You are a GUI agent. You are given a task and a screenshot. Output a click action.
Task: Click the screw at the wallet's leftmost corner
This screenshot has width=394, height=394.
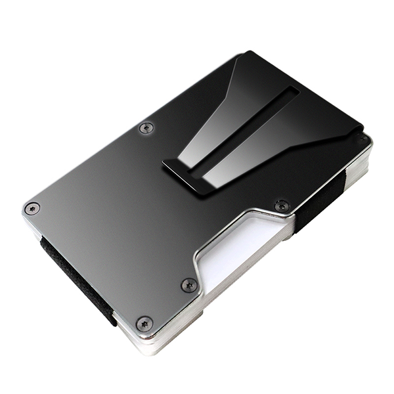[x=32, y=208]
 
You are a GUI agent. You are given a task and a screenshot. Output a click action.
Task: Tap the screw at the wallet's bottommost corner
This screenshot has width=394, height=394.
[x=144, y=323]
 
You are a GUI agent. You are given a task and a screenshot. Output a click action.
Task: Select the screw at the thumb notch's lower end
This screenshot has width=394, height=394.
[x=189, y=285]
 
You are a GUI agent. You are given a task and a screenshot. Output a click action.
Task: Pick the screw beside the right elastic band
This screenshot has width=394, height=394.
[x=282, y=206]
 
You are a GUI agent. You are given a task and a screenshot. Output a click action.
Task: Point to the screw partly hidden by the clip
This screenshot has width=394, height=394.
[x=361, y=139]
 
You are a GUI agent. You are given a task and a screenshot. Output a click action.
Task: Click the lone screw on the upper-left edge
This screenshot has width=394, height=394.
[x=146, y=128]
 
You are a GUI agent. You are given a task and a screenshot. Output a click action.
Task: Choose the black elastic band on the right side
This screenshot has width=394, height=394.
[x=315, y=204]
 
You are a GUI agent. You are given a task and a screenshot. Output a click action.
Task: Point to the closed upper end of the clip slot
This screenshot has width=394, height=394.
[x=294, y=91]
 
